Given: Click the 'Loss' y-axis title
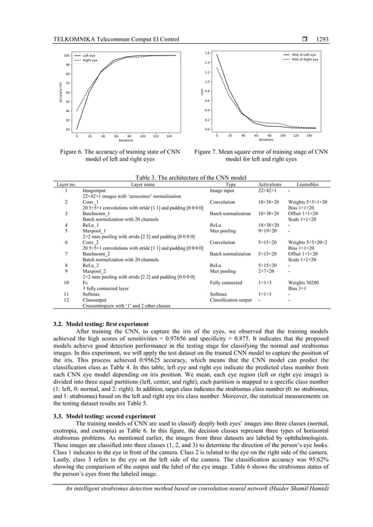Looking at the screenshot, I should coord(202,92).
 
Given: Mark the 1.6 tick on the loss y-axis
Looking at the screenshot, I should coord(207,53).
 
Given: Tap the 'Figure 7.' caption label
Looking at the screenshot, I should coord(208,152).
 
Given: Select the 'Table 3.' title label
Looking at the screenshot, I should coord(148,178).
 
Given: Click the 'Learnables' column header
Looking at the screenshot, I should coord(308,184).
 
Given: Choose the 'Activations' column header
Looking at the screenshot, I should coord(270,184).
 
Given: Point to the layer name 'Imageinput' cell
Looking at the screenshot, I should coord(94,190).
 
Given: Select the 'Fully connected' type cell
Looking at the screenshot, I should coord(226,282).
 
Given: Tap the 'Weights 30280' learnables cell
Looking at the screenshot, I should coord(305,282).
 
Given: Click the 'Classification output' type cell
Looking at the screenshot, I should coord(230,300).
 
